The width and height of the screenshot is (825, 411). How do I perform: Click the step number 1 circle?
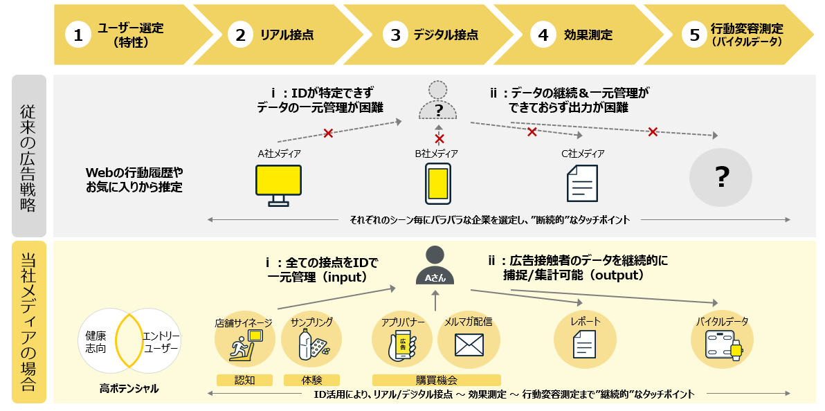(78, 36)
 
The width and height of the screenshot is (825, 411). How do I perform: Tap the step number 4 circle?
(543, 36)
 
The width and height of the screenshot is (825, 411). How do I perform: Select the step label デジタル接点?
(446, 35)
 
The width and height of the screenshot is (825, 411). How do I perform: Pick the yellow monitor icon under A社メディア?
(278, 185)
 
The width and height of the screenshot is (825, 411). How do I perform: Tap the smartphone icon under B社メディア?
(438, 185)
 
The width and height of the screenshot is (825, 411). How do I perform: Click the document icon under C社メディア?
(582, 185)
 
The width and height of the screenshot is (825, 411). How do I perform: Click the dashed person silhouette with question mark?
(437, 100)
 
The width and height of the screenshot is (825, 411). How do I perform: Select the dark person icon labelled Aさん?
(435, 266)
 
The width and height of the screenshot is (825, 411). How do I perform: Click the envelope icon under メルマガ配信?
(469, 345)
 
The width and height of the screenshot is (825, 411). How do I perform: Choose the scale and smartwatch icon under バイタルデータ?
(722, 344)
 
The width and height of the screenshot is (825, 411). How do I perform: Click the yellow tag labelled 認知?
(244, 380)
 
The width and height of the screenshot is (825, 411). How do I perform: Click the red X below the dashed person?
(438, 138)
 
